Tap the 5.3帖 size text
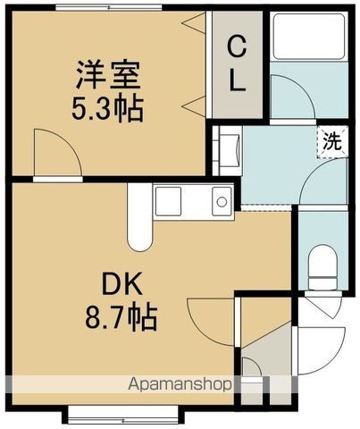107,111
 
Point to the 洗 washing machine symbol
331,142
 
